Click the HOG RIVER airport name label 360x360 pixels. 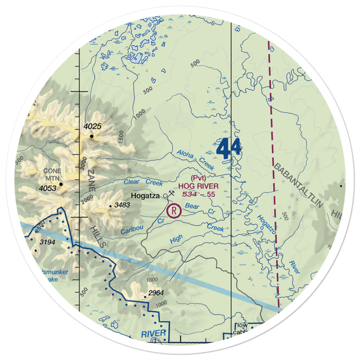pyautogui.click(x=198, y=186)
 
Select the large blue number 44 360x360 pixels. pyautogui.click(x=229, y=149)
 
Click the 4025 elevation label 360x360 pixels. pyautogui.click(x=93, y=127)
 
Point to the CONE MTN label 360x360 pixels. pyautogui.click(x=52, y=174)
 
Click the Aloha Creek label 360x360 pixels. pyautogui.click(x=195, y=160)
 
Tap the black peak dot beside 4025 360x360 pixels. pyautogui.click(x=92, y=136)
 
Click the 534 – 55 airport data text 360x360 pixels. pyautogui.click(x=198, y=194)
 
